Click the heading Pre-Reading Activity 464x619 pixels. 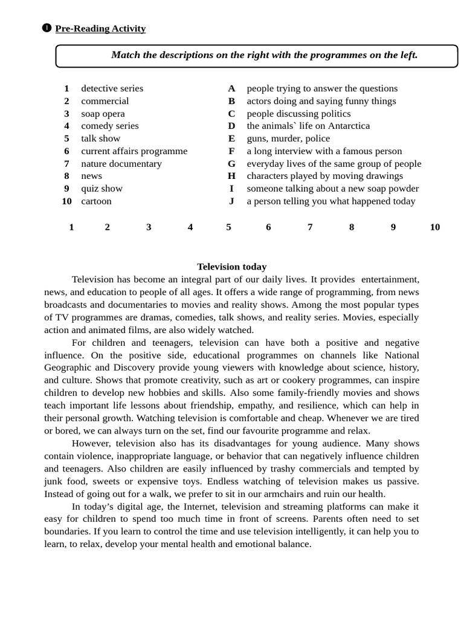tap(100, 28)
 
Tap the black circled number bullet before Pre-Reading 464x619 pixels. tap(47, 28)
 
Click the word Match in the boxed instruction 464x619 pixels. tap(125, 55)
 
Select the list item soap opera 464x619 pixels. tap(103, 114)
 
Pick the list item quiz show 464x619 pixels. tap(101, 189)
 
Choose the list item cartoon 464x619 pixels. tap(96, 201)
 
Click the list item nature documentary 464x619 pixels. tap(121, 164)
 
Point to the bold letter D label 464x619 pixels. tap(231, 126)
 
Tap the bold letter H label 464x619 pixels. tap(231, 176)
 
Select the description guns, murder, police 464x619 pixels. tap(288, 138)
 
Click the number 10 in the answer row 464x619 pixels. tap(435, 227)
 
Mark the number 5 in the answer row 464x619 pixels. tap(228, 227)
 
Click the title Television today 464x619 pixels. tap(231, 267)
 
